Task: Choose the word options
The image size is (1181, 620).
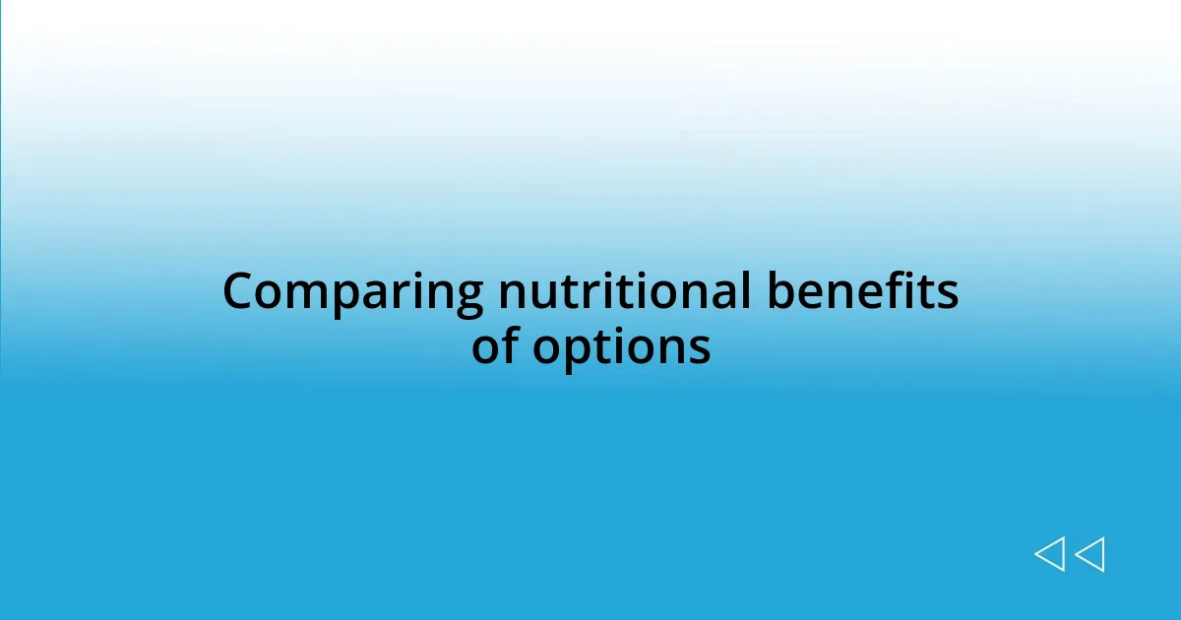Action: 621,347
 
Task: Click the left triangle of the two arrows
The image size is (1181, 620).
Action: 1049,554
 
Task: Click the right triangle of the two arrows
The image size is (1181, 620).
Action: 1089,554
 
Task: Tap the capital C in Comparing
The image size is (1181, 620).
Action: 239,293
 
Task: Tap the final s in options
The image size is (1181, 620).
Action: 700,347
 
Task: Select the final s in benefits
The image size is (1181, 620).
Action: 949,294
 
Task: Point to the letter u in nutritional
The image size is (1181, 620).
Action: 547,295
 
